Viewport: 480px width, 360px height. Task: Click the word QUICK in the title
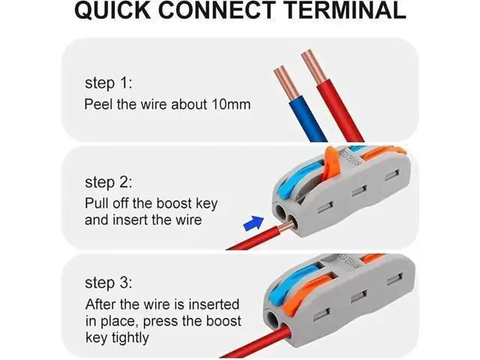click(x=113, y=10)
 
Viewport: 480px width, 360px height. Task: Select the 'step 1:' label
click(x=109, y=83)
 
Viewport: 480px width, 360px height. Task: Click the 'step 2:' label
click(x=109, y=182)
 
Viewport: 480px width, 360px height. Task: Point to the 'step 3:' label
click(x=109, y=283)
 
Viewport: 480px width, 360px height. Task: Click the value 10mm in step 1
click(x=231, y=104)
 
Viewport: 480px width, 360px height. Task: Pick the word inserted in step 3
click(x=214, y=304)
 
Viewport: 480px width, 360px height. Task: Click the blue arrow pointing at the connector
click(x=253, y=223)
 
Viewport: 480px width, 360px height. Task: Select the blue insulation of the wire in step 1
click(x=308, y=119)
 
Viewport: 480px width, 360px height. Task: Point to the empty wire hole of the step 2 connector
click(x=280, y=211)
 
